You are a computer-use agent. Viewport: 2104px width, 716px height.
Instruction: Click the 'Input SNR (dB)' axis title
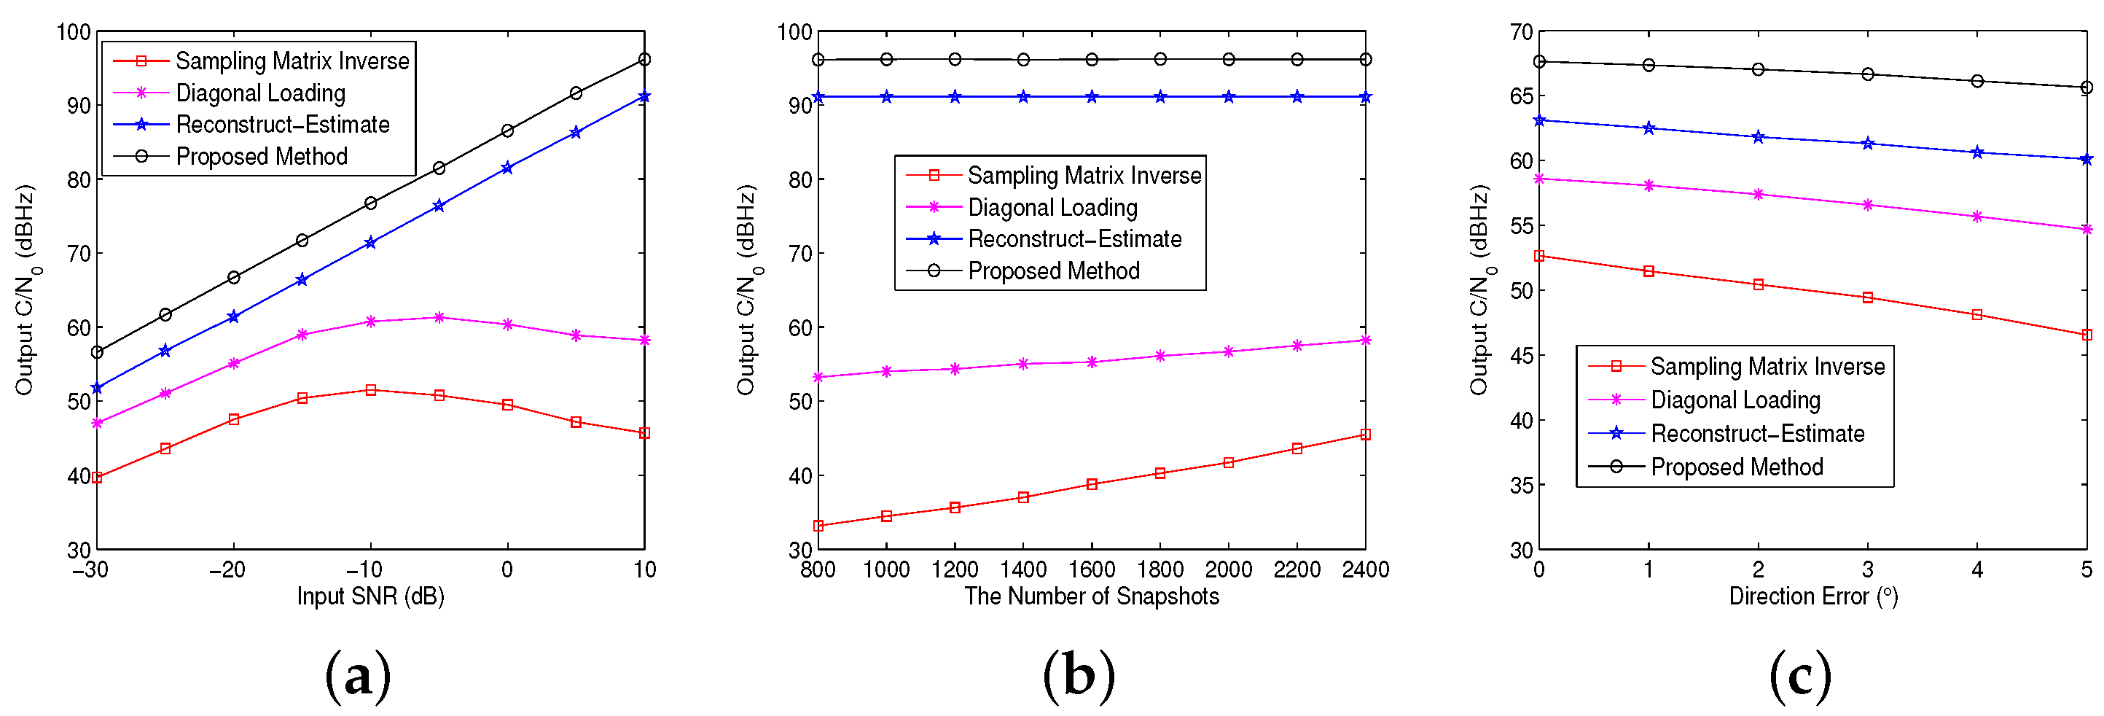click(x=370, y=596)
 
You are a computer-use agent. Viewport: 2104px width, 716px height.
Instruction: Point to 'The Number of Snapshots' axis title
click(x=1091, y=596)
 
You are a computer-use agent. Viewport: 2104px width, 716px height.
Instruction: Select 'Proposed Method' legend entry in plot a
click(x=262, y=156)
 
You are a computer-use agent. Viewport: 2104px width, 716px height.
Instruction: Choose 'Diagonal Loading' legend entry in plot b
click(x=1052, y=208)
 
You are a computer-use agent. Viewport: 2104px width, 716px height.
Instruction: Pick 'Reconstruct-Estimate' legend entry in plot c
click(x=1758, y=433)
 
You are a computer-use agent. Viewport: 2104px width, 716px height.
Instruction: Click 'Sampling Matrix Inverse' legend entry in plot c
click(x=1767, y=366)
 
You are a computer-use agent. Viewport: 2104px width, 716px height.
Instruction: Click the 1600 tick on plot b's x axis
click(x=1091, y=569)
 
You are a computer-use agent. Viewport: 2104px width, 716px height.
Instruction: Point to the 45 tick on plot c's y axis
click(x=1522, y=356)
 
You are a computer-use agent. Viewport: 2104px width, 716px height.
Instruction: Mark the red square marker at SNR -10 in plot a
click(x=371, y=390)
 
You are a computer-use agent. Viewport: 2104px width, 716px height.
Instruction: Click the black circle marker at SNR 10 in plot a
click(x=644, y=60)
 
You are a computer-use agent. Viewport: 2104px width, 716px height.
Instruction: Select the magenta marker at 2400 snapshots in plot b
click(x=1366, y=340)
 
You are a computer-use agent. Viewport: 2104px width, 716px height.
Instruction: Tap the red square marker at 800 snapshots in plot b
click(x=818, y=526)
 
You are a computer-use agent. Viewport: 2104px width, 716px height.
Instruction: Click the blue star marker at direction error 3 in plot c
click(x=1868, y=144)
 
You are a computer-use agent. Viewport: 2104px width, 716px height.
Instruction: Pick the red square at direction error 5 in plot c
click(x=2087, y=334)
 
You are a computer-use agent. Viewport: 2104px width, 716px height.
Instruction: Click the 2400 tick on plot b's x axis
click(x=1365, y=569)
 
